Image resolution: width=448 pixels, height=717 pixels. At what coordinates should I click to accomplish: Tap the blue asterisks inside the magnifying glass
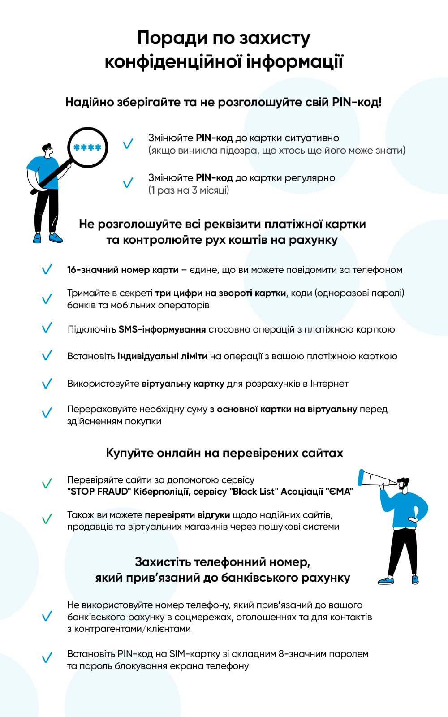coord(87,147)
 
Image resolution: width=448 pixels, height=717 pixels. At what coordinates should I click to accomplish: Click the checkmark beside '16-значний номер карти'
coord(47,270)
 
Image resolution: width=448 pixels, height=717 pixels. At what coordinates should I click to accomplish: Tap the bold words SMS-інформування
coord(162,329)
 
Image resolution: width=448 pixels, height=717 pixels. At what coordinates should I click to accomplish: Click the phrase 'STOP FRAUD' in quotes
coord(98,492)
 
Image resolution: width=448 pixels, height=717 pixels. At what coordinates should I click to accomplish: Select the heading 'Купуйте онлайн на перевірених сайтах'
coord(224,453)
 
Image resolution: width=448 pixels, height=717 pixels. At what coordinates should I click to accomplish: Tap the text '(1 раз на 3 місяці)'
coord(189,190)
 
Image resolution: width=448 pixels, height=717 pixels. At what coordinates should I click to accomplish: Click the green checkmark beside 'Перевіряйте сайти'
coord(47,484)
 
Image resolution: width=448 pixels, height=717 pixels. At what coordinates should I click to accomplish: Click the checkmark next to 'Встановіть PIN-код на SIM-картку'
coord(47,658)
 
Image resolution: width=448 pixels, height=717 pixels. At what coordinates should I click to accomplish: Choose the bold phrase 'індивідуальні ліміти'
coord(162,356)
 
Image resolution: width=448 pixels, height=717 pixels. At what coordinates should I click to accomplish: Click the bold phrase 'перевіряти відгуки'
coord(187,514)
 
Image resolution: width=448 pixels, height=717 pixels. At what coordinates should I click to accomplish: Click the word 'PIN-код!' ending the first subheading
coord(357,102)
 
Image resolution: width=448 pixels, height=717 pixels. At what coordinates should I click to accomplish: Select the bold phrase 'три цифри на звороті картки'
coord(220,293)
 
